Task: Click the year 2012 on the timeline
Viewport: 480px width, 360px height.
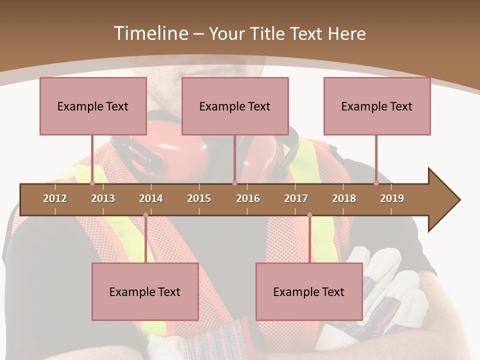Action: pyautogui.click(x=55, y=198)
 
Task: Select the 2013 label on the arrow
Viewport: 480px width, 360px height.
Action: pyautogui.click(x=103, y=198)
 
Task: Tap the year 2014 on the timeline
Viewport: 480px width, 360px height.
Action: pyautogui.click(x=151, y=198)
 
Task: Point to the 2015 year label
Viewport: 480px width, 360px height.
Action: pyautogui.click(x=199, y=198)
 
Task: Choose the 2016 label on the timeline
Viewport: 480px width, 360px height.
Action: pyautogui.click(x=248, y=198)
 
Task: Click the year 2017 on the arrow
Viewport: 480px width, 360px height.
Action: pyautogui.click(x=296, y=198)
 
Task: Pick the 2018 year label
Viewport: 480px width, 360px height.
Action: pyautogui.click(x=344, y=198)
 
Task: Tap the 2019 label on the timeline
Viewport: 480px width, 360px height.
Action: pyautogui.click(x=392, y=198)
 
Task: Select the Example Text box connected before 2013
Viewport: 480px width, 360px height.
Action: pyautogui.click(x=93, y=106)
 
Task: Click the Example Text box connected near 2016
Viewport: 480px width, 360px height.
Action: pyautogui.click(x=235, y=106)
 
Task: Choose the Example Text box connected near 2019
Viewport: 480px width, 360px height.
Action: pyautogui.click(x=377, y=106)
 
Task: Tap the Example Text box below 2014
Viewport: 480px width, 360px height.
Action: pyautogui.click(x=145, y=291)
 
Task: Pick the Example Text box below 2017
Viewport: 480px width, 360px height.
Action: pyautogui.click(x=309, y=291)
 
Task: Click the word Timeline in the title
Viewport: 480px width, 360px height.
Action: pyautogui.click(x=150, y=33)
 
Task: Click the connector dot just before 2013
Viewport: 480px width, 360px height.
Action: pyautogui.click(x=92, y=183)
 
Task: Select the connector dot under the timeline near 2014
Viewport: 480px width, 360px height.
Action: pyautogui.click(x=145, y=215)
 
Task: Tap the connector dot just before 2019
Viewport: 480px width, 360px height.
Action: pyautogui.click(x=376, y=183)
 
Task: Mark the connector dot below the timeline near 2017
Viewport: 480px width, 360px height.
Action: pyautogui.click(x=309, y=215)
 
